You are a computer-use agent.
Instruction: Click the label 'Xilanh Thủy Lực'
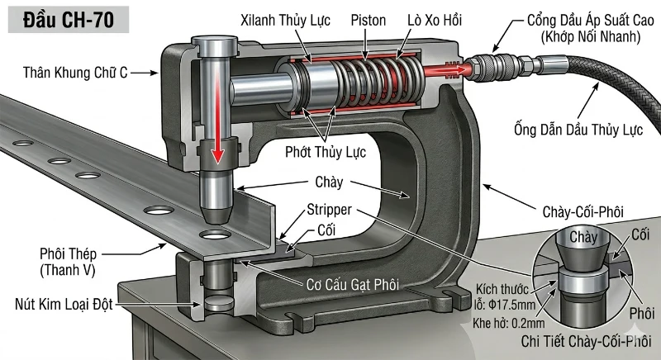coord(282,18)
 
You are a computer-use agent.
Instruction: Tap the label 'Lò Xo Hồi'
coord(434,18)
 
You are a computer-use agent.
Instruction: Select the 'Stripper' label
coord(331,210)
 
